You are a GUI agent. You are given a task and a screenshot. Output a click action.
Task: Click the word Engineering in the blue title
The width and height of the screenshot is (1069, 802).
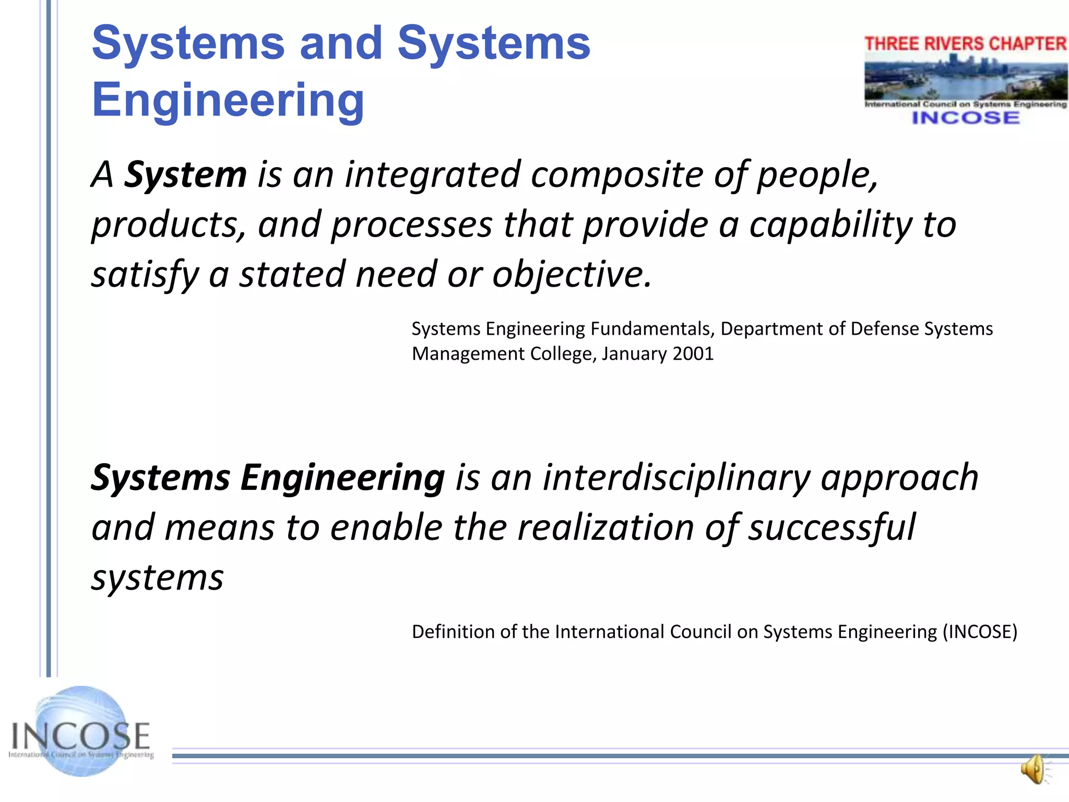[228, 100]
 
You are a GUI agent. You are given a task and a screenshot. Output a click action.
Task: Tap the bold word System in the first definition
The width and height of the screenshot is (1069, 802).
[185, 175]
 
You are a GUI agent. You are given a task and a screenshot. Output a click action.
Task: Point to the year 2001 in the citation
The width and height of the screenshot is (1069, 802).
[693, 354]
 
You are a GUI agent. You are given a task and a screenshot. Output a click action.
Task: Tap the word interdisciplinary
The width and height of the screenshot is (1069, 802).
[676, 478]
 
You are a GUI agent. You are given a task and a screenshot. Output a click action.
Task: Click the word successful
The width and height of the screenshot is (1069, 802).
[832, 527]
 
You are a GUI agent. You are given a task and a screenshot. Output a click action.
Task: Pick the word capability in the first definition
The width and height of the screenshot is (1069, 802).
[830, 225]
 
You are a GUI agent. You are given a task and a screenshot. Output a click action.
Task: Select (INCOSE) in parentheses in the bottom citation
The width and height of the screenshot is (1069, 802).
[980, 632]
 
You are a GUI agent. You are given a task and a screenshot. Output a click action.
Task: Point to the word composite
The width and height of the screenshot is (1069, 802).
[616, 175]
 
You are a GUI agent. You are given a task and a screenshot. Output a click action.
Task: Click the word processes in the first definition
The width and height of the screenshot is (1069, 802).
[412, 225]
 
